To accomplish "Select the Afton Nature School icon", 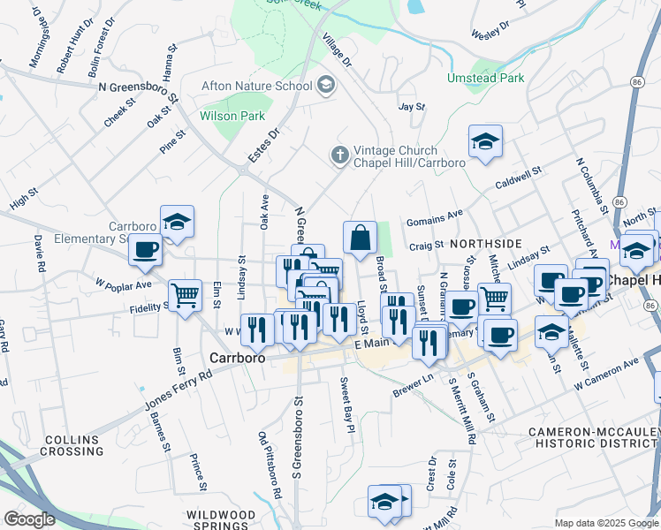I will click(326, 86).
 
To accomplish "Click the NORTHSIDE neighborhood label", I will click(486, 242).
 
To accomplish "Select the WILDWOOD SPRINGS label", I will click(221, 520).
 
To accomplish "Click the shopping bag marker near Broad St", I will click(360, 238).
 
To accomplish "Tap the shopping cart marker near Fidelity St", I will click(185, 294).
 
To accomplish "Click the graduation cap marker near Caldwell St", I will click(484, 141).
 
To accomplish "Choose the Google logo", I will click(30, 519).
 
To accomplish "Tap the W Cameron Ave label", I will click(605, 375).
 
